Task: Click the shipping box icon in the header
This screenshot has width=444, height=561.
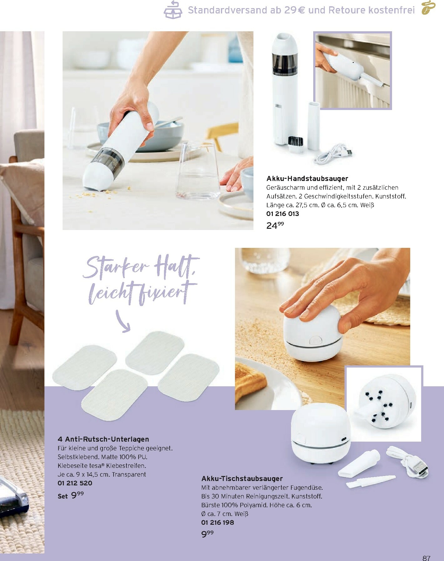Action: click(173, 10)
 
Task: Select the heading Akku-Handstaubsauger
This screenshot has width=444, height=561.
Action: click(307, 178)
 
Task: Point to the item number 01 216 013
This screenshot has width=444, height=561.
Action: click(283, 214)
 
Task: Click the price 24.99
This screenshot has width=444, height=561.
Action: click(275, 225)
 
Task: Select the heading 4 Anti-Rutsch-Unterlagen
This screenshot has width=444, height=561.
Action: click(103, 439)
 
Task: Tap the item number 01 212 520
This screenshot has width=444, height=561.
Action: click(75, 483)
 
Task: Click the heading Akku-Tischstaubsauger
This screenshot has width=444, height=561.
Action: click(242, 478)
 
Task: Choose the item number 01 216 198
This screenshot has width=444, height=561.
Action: click(217, 522)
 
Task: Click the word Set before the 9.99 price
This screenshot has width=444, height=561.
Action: click(63, 496)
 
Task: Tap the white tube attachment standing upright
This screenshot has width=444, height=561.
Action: click(314, 125)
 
